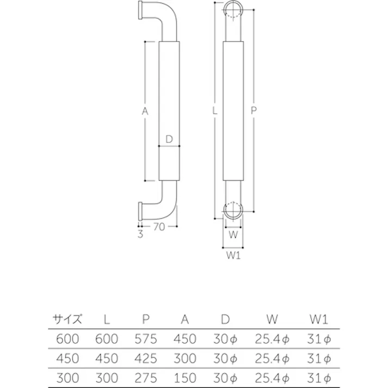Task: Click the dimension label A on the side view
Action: [x=145, y=111]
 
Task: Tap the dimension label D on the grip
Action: [x=169, y=139]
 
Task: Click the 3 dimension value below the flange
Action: [x=140, y=235]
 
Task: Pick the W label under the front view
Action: [x=233, y=235]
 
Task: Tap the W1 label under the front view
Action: [x=233, y=256]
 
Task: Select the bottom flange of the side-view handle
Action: [x=140, y=209]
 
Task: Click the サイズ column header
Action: [x=67, y=319]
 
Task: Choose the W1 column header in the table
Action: [x=319, y=319]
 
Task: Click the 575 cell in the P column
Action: [x=145, y=339]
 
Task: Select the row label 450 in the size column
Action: [x=67, y=359]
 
